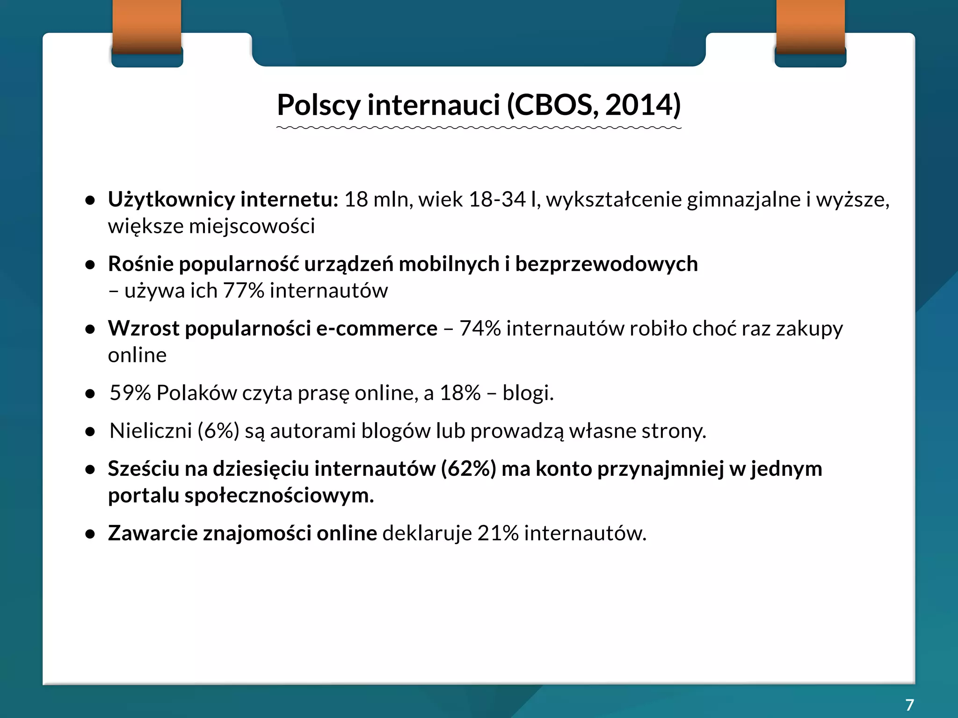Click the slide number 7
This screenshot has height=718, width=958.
tap(909, 704)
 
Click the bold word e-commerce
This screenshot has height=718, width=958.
tap(377, 329)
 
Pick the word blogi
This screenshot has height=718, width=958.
tap(528, 393)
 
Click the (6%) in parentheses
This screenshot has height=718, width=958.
tap(218, 431)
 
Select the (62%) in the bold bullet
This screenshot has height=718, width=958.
tap(468, 469)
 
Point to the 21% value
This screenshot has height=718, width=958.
tap(498, 533)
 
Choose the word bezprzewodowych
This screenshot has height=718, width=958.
tap(606, 264)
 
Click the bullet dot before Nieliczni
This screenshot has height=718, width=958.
tap(90, 432)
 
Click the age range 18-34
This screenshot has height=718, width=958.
tap(497, 200)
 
